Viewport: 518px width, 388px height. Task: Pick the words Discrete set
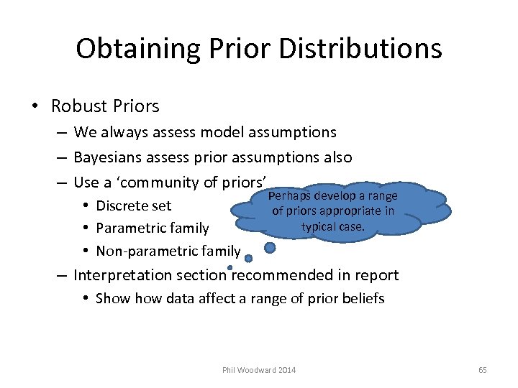pos(133,205)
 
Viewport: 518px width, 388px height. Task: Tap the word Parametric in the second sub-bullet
pos(127,228)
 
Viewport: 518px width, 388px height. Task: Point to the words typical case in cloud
pos(333,226)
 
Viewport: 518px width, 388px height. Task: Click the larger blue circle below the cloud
pos(270,247)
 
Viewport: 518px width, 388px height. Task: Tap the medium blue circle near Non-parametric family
pos(248,259)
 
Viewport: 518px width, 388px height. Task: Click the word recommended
pos(281,275)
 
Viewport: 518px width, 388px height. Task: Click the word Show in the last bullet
pos(110,298)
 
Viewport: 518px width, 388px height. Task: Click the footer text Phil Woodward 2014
pos(259,370)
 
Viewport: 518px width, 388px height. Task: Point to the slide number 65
pos(482,370)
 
